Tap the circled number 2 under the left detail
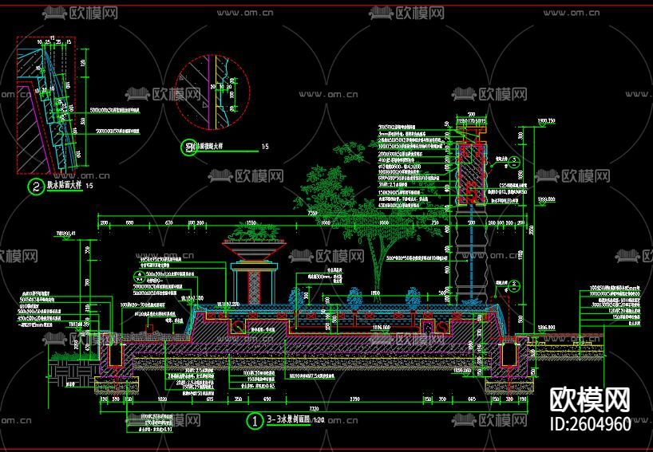click(x=35, y=187)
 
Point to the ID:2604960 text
click(x=590, y=423)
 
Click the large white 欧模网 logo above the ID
click(x=590, y=399)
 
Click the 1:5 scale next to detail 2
click(x=89, y=187)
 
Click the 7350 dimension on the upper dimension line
click(x=311, y=214)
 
